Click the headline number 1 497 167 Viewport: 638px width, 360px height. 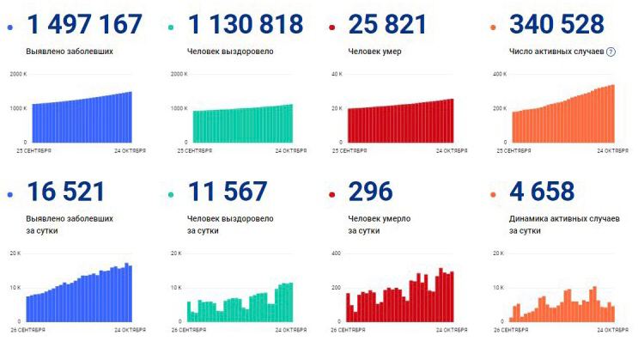[x=84, y=25]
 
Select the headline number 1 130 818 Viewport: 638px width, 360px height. [x=245, y=25]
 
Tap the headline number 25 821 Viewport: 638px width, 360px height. [x=387, y=25]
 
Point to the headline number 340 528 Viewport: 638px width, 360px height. [x=556, y=25]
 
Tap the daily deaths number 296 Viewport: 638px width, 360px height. [x=370, y=192]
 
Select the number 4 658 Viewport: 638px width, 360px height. [x=541, y=192]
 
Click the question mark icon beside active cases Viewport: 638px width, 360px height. [x=611, y=52]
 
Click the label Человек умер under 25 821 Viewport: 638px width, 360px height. [x=374, y=52]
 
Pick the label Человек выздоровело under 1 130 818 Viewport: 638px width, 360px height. [x=230, y=52]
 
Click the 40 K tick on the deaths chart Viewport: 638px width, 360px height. [x=337, y=75]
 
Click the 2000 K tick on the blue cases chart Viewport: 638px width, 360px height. [x=19, y=75]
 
